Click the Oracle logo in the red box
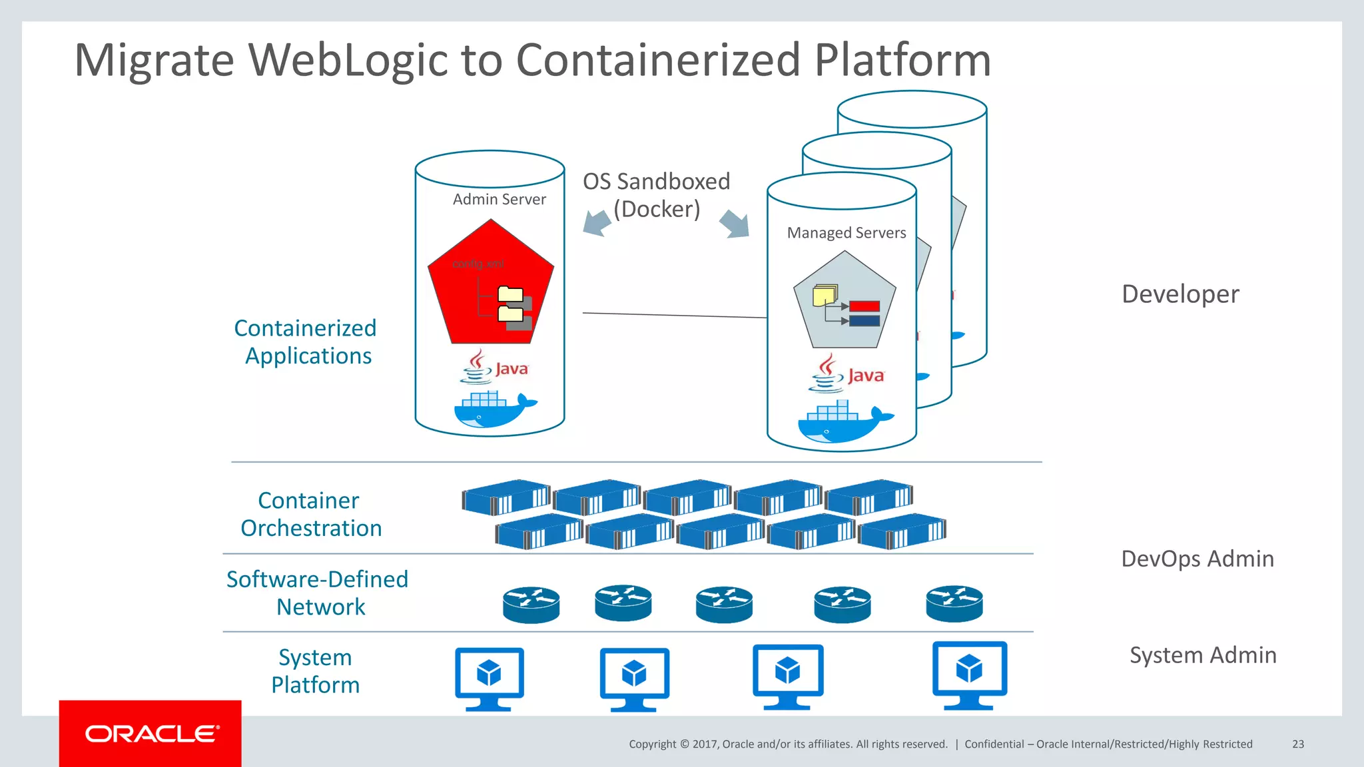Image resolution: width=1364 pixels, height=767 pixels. [152, 734]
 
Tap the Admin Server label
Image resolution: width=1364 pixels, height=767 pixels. [499, 199]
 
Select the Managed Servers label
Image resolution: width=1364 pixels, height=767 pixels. [846, 233]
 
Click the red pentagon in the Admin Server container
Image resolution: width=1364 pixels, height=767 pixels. [491, 286]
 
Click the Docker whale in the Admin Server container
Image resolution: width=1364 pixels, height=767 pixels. [493, 409]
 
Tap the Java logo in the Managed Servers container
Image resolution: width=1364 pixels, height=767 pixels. [847, 374]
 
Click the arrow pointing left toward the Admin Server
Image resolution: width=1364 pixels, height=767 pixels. [596, 222]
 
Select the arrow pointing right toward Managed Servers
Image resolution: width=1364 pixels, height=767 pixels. [735, 224]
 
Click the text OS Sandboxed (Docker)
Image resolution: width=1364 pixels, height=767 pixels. [656, 195]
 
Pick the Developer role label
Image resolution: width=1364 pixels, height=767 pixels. [1180, 294]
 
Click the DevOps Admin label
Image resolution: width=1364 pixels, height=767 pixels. [1197, 559]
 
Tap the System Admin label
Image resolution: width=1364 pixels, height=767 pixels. [1203, 655]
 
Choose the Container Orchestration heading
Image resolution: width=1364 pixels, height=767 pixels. [310, 514]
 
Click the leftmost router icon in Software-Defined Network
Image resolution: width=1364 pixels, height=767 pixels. [531, 605]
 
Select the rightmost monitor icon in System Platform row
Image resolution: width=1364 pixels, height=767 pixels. [969, 674]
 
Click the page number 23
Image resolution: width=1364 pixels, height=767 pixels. [1297, 744]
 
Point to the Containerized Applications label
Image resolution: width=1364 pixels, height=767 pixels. [306, 342]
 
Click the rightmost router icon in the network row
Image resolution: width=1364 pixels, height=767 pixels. [954, 603]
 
